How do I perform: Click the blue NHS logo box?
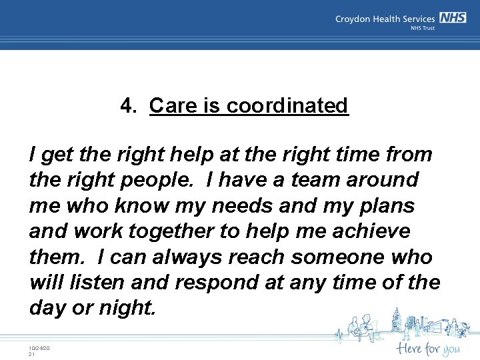453,19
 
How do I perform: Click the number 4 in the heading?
127,105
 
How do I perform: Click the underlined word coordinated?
287,105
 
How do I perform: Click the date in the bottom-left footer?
39,349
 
